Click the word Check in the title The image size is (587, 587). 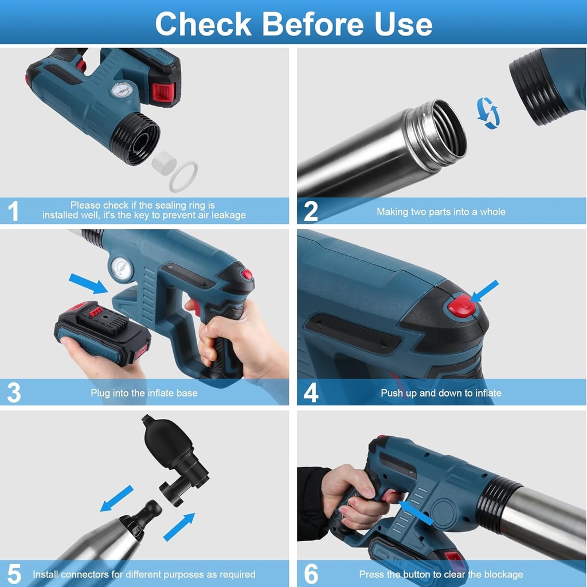tap(204, 24)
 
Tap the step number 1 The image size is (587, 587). tap(14, 211)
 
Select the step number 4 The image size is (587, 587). tap(311, 393)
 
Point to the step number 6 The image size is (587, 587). tap(311, 573)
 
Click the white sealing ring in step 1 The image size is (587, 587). tap(183, 176)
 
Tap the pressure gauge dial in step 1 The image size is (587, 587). tap(122, 90)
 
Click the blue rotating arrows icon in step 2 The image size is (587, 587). tap(488, 113)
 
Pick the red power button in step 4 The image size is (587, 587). tap(461, 304)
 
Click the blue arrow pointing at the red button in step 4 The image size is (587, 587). tap(484, 291)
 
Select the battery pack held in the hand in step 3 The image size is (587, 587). tap(103, 333)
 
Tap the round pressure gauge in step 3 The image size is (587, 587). tap(122, 268)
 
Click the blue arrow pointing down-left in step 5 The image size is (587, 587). tap(117, 498)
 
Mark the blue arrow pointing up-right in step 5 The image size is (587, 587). tap(179, 527)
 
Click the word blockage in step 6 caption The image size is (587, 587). tap(503, 574)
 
